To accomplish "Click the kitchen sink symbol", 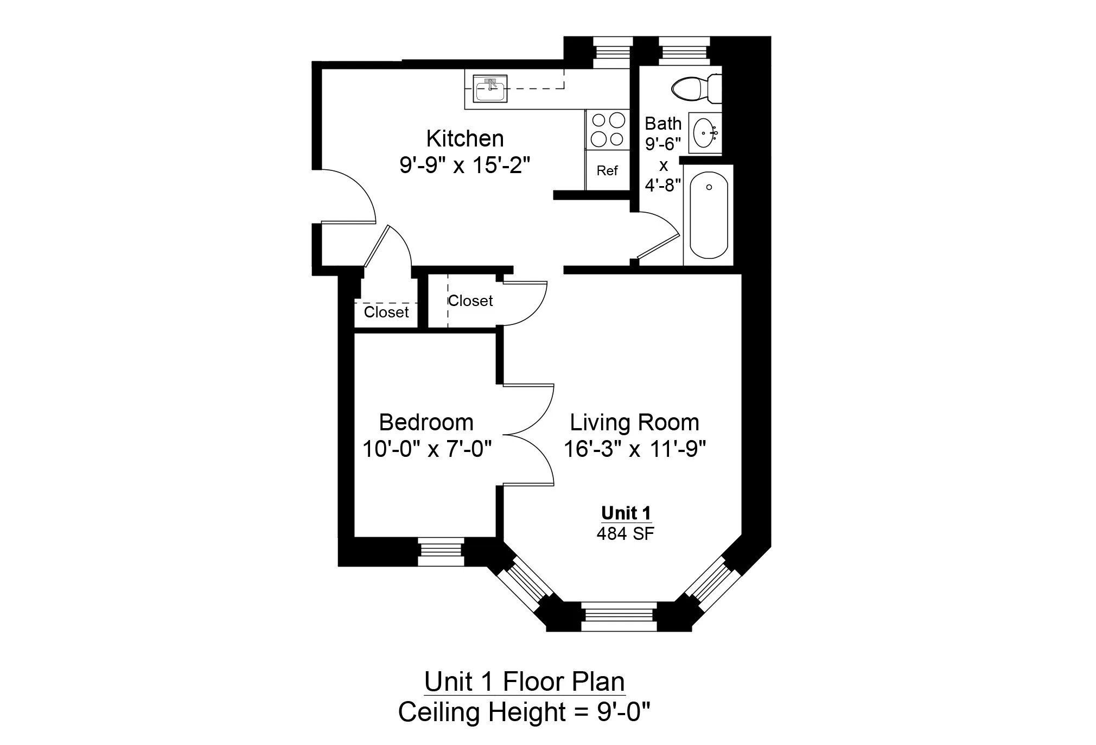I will pyautogui.click(x=490, y=89).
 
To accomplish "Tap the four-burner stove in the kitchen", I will pyautogui.click(x=607, y=129).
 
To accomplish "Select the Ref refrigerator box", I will pyautogui.click(x=607, y=170).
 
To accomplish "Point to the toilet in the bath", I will pyautogui.click(x=694, y=88).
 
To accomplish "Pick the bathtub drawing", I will pyautogui.click(x=708, y=215).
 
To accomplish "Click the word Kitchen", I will pyautogui.click(x=464, y=139).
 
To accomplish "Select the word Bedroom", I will pyautogui.click(x=426, y=423).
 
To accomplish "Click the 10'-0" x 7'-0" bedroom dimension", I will pyautogui.click(x=427, y=449).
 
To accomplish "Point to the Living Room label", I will pyautogui.click(x=634, y=423).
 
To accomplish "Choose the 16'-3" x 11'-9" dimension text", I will pyautogui.click(x=634, y=449).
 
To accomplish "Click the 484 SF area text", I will pyautogui.click(x=625, y=534).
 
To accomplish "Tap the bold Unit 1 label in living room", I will pyautogui.click(x=626, y=513).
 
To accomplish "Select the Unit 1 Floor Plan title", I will pyautogui.click(x=524, y=682).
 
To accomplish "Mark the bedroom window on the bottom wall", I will pyautogui.click(x=441, y=551).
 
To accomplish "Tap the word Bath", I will pyautogui.click(x=662, y=124).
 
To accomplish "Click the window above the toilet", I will pyautogui.click(x=684, y=52).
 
